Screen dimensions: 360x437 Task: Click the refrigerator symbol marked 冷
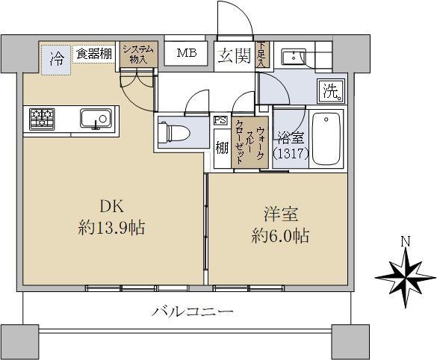point(57,58)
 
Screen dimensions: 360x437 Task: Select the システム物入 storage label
point(139,54)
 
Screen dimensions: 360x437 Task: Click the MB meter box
point(187,53)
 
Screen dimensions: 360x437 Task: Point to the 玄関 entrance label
point(234,55)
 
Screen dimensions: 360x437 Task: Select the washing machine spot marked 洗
point(330,90)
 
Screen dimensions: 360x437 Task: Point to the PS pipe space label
point(220,120)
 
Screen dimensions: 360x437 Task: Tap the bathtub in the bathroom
point(325,138)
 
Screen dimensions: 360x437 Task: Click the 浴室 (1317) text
point(290,146)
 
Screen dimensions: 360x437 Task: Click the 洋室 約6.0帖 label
point(280,226)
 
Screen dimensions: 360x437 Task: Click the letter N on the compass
point(404,241)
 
